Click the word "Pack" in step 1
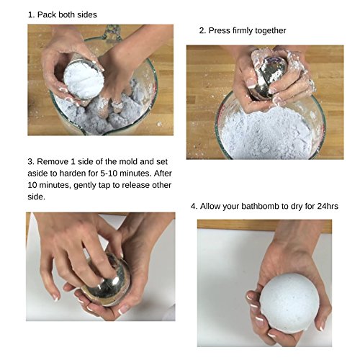[47, 14]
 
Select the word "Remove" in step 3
[53, 162]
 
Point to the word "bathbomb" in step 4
[261, 207]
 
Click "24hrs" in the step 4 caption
[328, 207]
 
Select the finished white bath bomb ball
[289, 303]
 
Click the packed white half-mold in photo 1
[84, 79]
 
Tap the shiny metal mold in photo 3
[108, 281]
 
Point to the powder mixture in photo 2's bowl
[266, 135]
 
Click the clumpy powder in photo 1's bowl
[101, 115]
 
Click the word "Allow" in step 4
[210, 207]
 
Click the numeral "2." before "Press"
[202, 31]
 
